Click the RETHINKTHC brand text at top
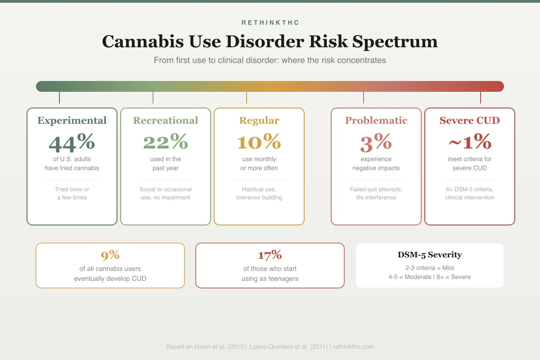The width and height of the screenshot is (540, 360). coord(270,22)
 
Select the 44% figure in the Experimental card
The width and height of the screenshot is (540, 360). coord(72,142)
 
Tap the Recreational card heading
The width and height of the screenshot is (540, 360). coord(166,121)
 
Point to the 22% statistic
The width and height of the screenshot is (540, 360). coord(166,142)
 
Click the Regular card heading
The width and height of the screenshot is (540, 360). coord(259,121)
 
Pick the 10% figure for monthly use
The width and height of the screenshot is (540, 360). coord(259,142)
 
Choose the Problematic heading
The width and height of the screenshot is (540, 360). coord(376,121)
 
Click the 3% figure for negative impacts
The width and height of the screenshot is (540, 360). coord(376,142)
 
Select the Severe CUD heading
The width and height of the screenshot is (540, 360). coord(470,121)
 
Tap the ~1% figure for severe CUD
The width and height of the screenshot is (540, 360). coord(470,142)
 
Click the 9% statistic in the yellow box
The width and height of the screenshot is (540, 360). coord(110,255)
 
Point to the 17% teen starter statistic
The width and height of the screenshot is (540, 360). coord(270,255)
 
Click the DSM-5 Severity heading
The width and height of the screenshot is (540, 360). coord(430,255)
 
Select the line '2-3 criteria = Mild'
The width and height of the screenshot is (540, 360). coord(430,268)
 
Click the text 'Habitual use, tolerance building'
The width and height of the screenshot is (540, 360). coord(259,193)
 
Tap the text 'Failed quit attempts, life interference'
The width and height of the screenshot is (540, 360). coord(376,193)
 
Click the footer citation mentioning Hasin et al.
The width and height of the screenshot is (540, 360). coord(270,347)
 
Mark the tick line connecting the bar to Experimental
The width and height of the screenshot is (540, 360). coord(59,97)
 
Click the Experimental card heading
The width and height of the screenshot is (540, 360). coord(72,121)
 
